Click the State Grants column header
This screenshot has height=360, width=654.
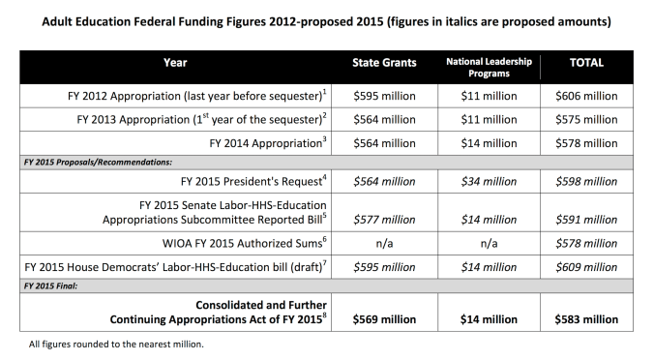[x=383, y=63]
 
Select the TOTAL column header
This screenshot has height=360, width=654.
[x=586, y=63]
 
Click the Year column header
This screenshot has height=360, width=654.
[x=174, y=63]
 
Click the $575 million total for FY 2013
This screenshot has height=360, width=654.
[x=587, y=119]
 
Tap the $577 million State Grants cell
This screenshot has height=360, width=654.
[x=384, y=220]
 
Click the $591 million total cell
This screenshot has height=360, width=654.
[x=587, y=220]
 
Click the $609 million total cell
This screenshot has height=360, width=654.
[x=587, y=265]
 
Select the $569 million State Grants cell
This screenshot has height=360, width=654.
[x=384, y=317]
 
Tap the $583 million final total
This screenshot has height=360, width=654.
[x=587, y=317]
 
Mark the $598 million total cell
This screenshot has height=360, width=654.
[x=587, y=180]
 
